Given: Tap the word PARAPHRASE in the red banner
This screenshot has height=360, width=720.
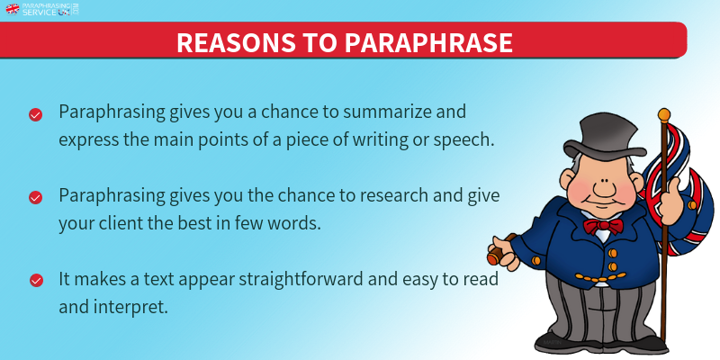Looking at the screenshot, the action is pyautogui.click(x=428, y=42).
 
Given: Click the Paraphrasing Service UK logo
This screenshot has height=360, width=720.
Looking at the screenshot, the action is pyautogui.click(x=42, y=9).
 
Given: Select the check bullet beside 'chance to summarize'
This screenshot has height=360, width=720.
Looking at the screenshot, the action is pyautogui.click(x=35, y=115).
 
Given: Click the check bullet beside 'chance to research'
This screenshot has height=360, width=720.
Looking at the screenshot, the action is pyautogui.click(x=35, y=198).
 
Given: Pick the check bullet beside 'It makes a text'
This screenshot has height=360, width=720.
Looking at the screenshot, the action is pyautogui.click(x=36, y=281).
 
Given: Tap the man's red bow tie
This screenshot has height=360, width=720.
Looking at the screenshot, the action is pyautogui.click(x=603, y=226).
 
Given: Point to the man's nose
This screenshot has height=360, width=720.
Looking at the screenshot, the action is pyautogui.click(x=602, y=188).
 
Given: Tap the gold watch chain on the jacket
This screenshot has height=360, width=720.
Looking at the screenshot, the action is pyautogui.click(x=600, y=277).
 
